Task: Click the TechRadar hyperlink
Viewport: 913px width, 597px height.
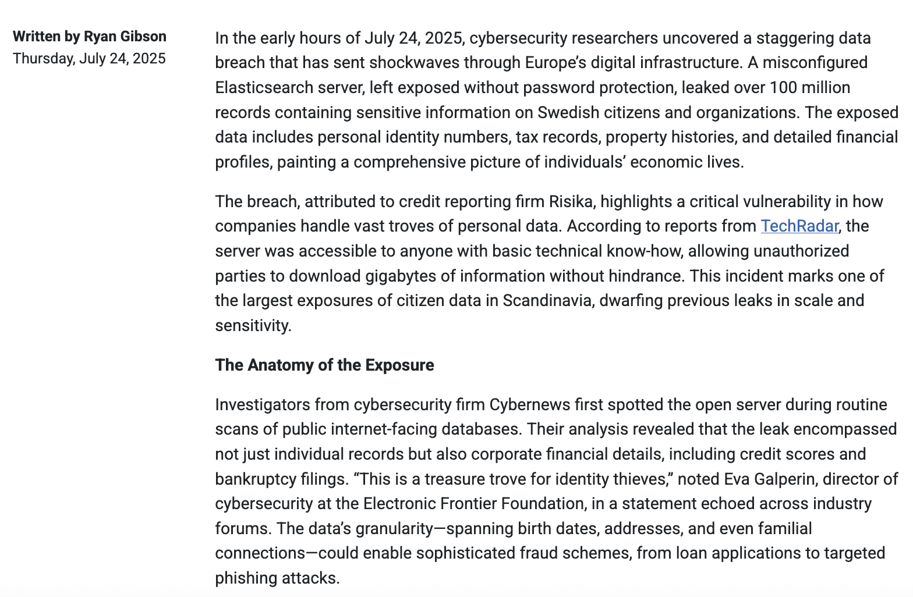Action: click(x=799, y=226)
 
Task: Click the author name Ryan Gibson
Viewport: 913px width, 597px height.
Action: click(x=125, y=37)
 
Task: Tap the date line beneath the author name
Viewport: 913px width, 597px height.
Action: click(x=89, y=59)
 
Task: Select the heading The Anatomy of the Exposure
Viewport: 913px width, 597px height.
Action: click(x=324, y=365)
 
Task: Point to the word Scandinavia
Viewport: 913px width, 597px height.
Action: click(x=547, y=301)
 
